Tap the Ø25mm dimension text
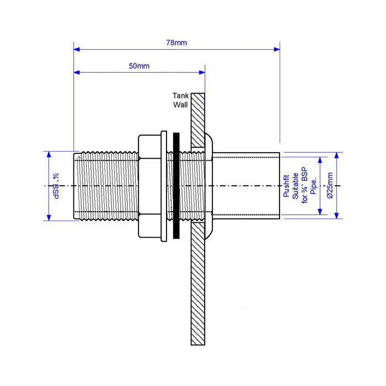329,185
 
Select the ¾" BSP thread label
56,186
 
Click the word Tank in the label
181,95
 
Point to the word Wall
181,104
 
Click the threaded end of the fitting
105,186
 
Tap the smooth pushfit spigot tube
248,186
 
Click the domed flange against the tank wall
209,186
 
